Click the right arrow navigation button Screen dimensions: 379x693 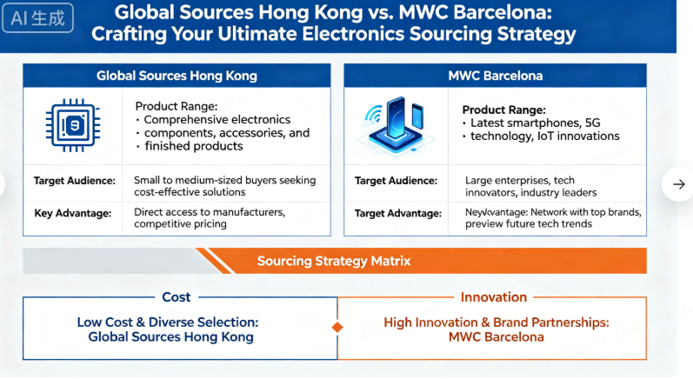[x=677, y=183]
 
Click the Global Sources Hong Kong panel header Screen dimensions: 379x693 [x=177, y=76]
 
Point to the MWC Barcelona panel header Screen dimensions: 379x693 [x=495, y=76]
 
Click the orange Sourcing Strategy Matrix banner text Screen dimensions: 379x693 [x=334, y=261]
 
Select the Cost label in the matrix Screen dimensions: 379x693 [x=177, y=297]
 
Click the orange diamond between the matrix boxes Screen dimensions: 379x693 [x=337, y=328]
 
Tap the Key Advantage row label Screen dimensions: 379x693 [x=74, y=212]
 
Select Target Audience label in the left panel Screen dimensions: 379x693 [x=74, y=181]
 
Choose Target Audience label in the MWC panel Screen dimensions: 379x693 [x=396, y=181]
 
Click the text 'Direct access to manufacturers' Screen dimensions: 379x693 [x=209, y=211]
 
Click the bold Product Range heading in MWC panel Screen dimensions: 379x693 [x=503, y=110]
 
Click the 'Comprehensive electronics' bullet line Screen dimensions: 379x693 [x=217, y=120]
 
